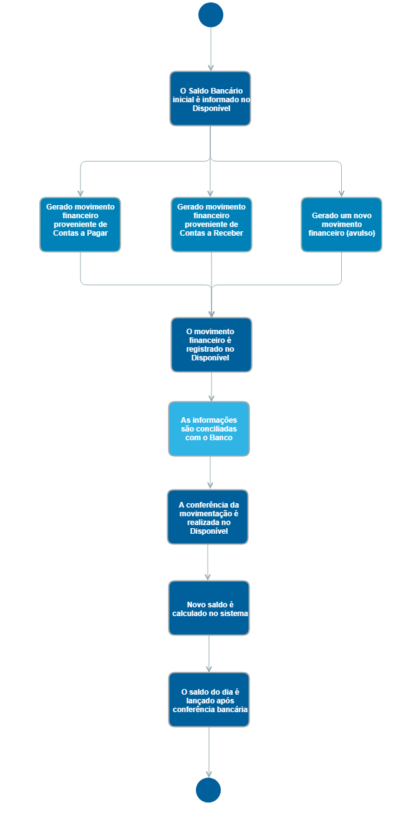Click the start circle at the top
point(211,15)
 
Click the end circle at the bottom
point(208,790)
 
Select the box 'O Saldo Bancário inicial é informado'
point(210,99)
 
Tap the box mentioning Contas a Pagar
point(80,224)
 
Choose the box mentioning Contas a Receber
point(211,224)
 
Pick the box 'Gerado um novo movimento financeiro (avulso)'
point(341,224)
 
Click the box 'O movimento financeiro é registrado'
point(211,345)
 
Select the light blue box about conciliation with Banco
point(209,429)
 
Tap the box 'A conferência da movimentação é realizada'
point(208,517)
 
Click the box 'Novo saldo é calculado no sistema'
point(209,608)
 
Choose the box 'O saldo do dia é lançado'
point(209,700)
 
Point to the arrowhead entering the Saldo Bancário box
point(211,67)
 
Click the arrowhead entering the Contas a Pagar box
point(80,193)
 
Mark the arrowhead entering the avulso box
point(341,193)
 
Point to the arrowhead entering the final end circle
point(208,774)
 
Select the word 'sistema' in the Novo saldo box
point(233,613)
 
